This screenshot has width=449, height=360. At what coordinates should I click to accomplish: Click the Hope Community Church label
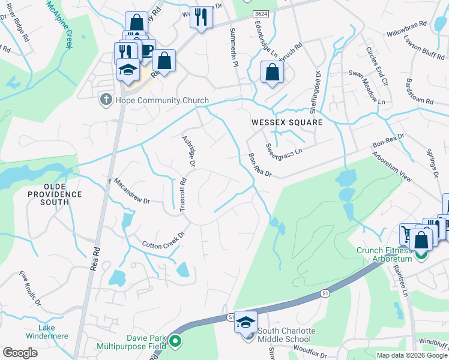click(162, 100)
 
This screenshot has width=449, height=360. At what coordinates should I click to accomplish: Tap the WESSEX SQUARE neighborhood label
click(286, 122)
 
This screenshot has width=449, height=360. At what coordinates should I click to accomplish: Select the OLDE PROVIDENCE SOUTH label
click(55, 199)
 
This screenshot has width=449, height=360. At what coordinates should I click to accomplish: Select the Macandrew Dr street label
click(131, 191)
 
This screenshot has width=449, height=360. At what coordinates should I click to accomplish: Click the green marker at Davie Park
click(175, 343)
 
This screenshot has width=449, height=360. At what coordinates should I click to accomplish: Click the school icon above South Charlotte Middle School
click(246, 322)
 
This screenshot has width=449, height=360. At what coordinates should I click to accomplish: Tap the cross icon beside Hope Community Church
click(106, 100)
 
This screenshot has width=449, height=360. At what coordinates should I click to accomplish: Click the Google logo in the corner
click(20, 353)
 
